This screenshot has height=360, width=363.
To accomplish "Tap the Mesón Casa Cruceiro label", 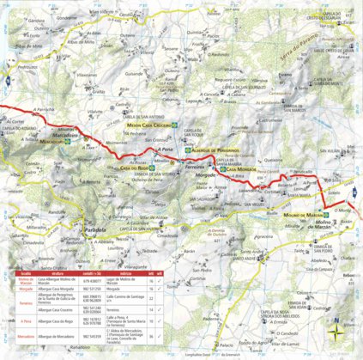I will click(x=145, y=125).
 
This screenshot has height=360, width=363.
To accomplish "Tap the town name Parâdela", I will click(x=90, y=230).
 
